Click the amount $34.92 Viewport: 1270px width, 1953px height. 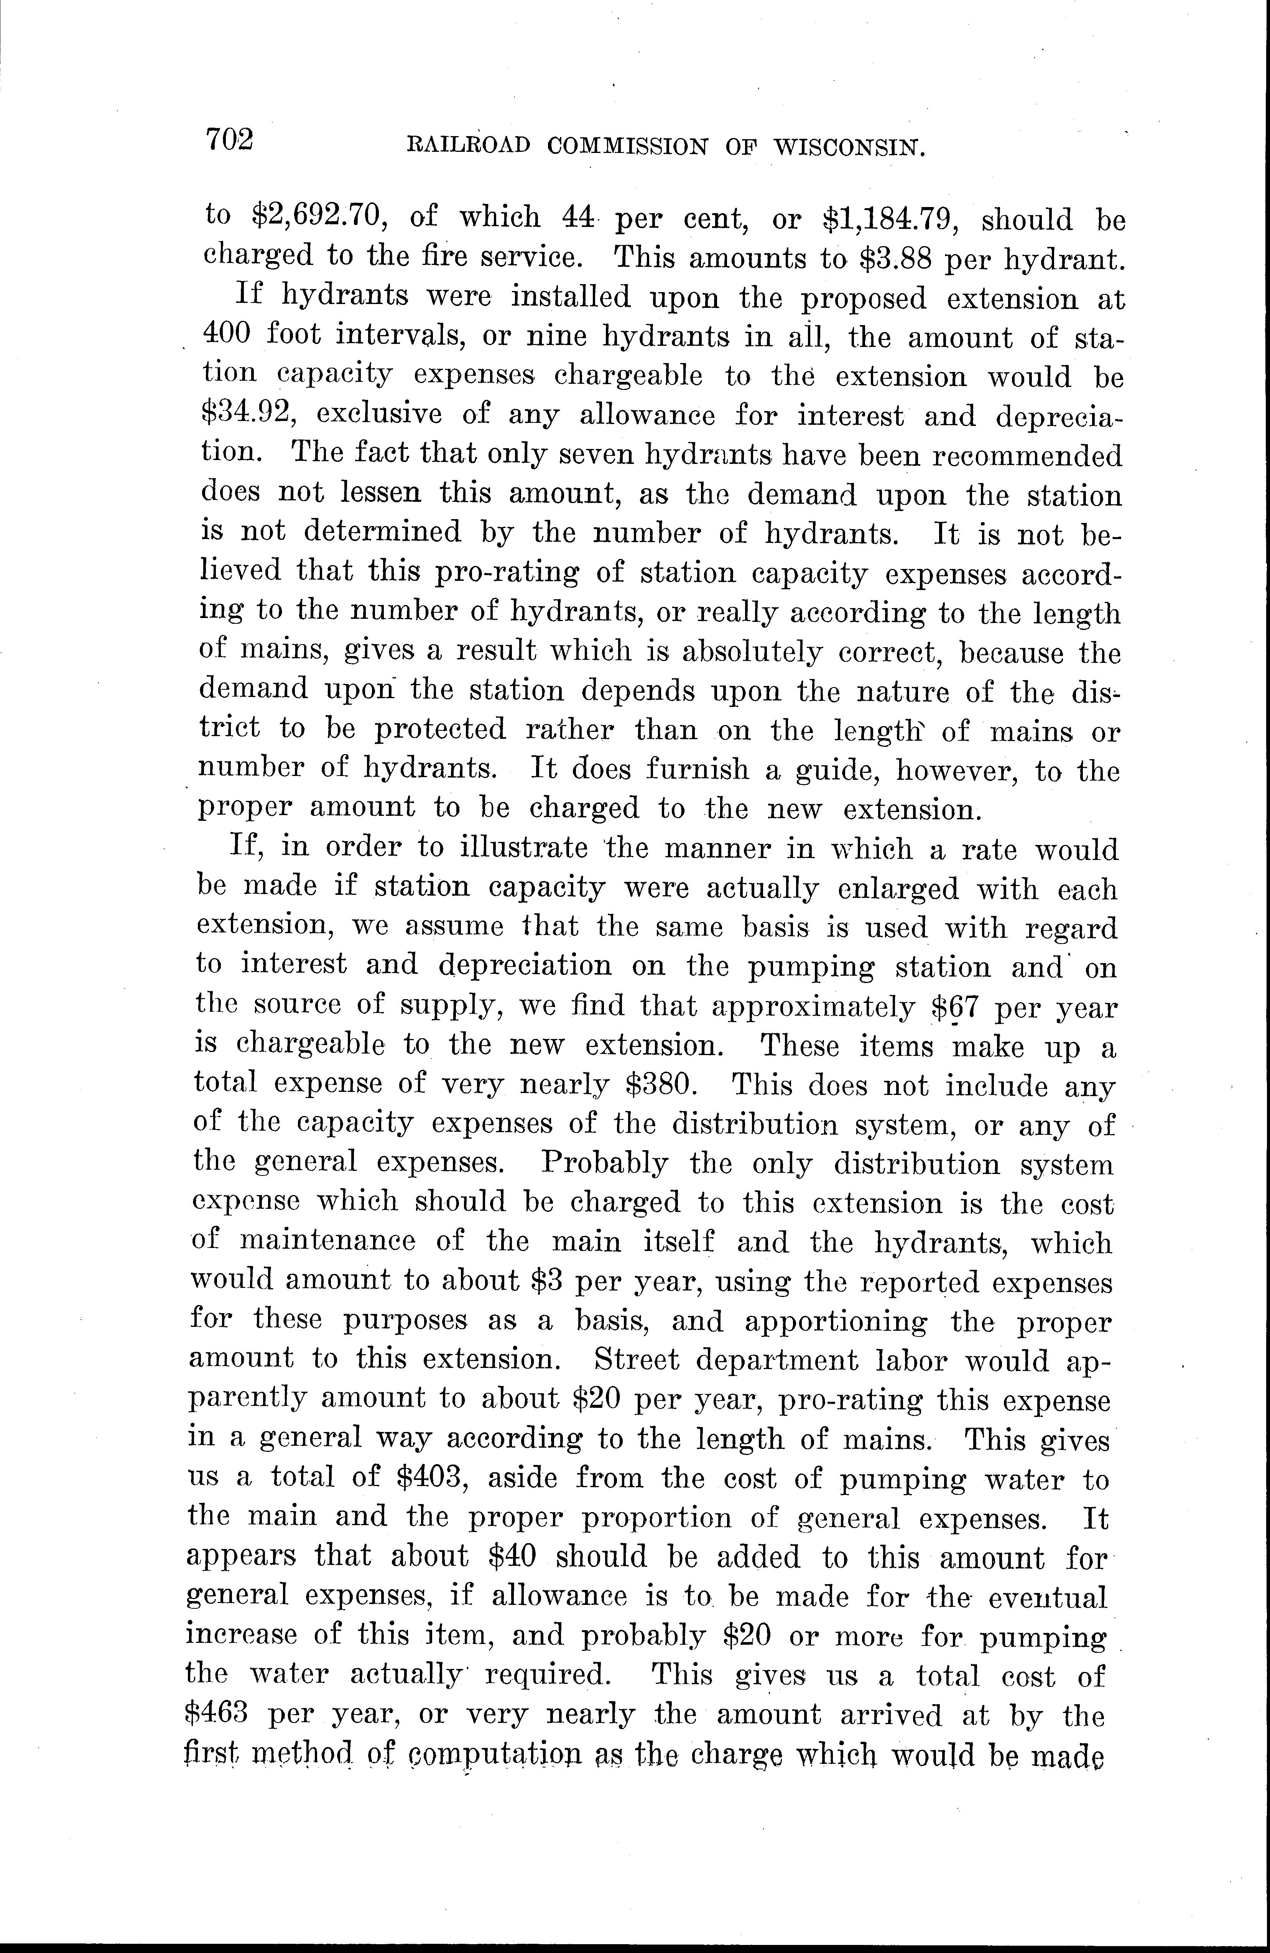(x=248, y=412)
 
